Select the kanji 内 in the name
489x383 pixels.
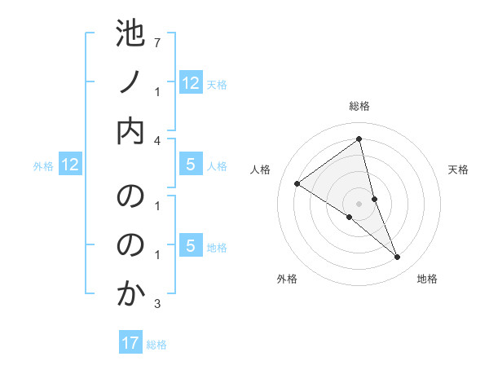(x=130, y=131)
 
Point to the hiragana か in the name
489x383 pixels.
(x=130, y=293)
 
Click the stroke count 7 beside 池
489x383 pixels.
(x=157, y=40)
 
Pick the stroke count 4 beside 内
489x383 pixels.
(x=157, y=140)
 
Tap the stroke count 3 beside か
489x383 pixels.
(x=157, y=304)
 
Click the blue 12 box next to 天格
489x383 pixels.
(x=191, y=82)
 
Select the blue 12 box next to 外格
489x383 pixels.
(x=70, y=165)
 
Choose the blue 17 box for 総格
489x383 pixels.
(x=130, y=343)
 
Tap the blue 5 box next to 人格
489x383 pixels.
(x=191, y=165)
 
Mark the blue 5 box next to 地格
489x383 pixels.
(x=191, y=246)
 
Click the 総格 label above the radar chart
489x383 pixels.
(x=359, y=106)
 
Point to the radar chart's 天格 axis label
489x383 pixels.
(x=458, y=169)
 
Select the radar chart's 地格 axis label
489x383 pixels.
(x=427, y=279)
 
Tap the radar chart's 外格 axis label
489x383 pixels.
(x=287, y=279)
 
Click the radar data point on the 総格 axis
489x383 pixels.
(x=359, y=139)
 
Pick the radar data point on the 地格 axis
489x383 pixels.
(x=398, y=258)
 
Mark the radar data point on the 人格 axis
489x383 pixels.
(x=297, y=183)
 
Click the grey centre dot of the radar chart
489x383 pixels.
(x=359, y=204)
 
